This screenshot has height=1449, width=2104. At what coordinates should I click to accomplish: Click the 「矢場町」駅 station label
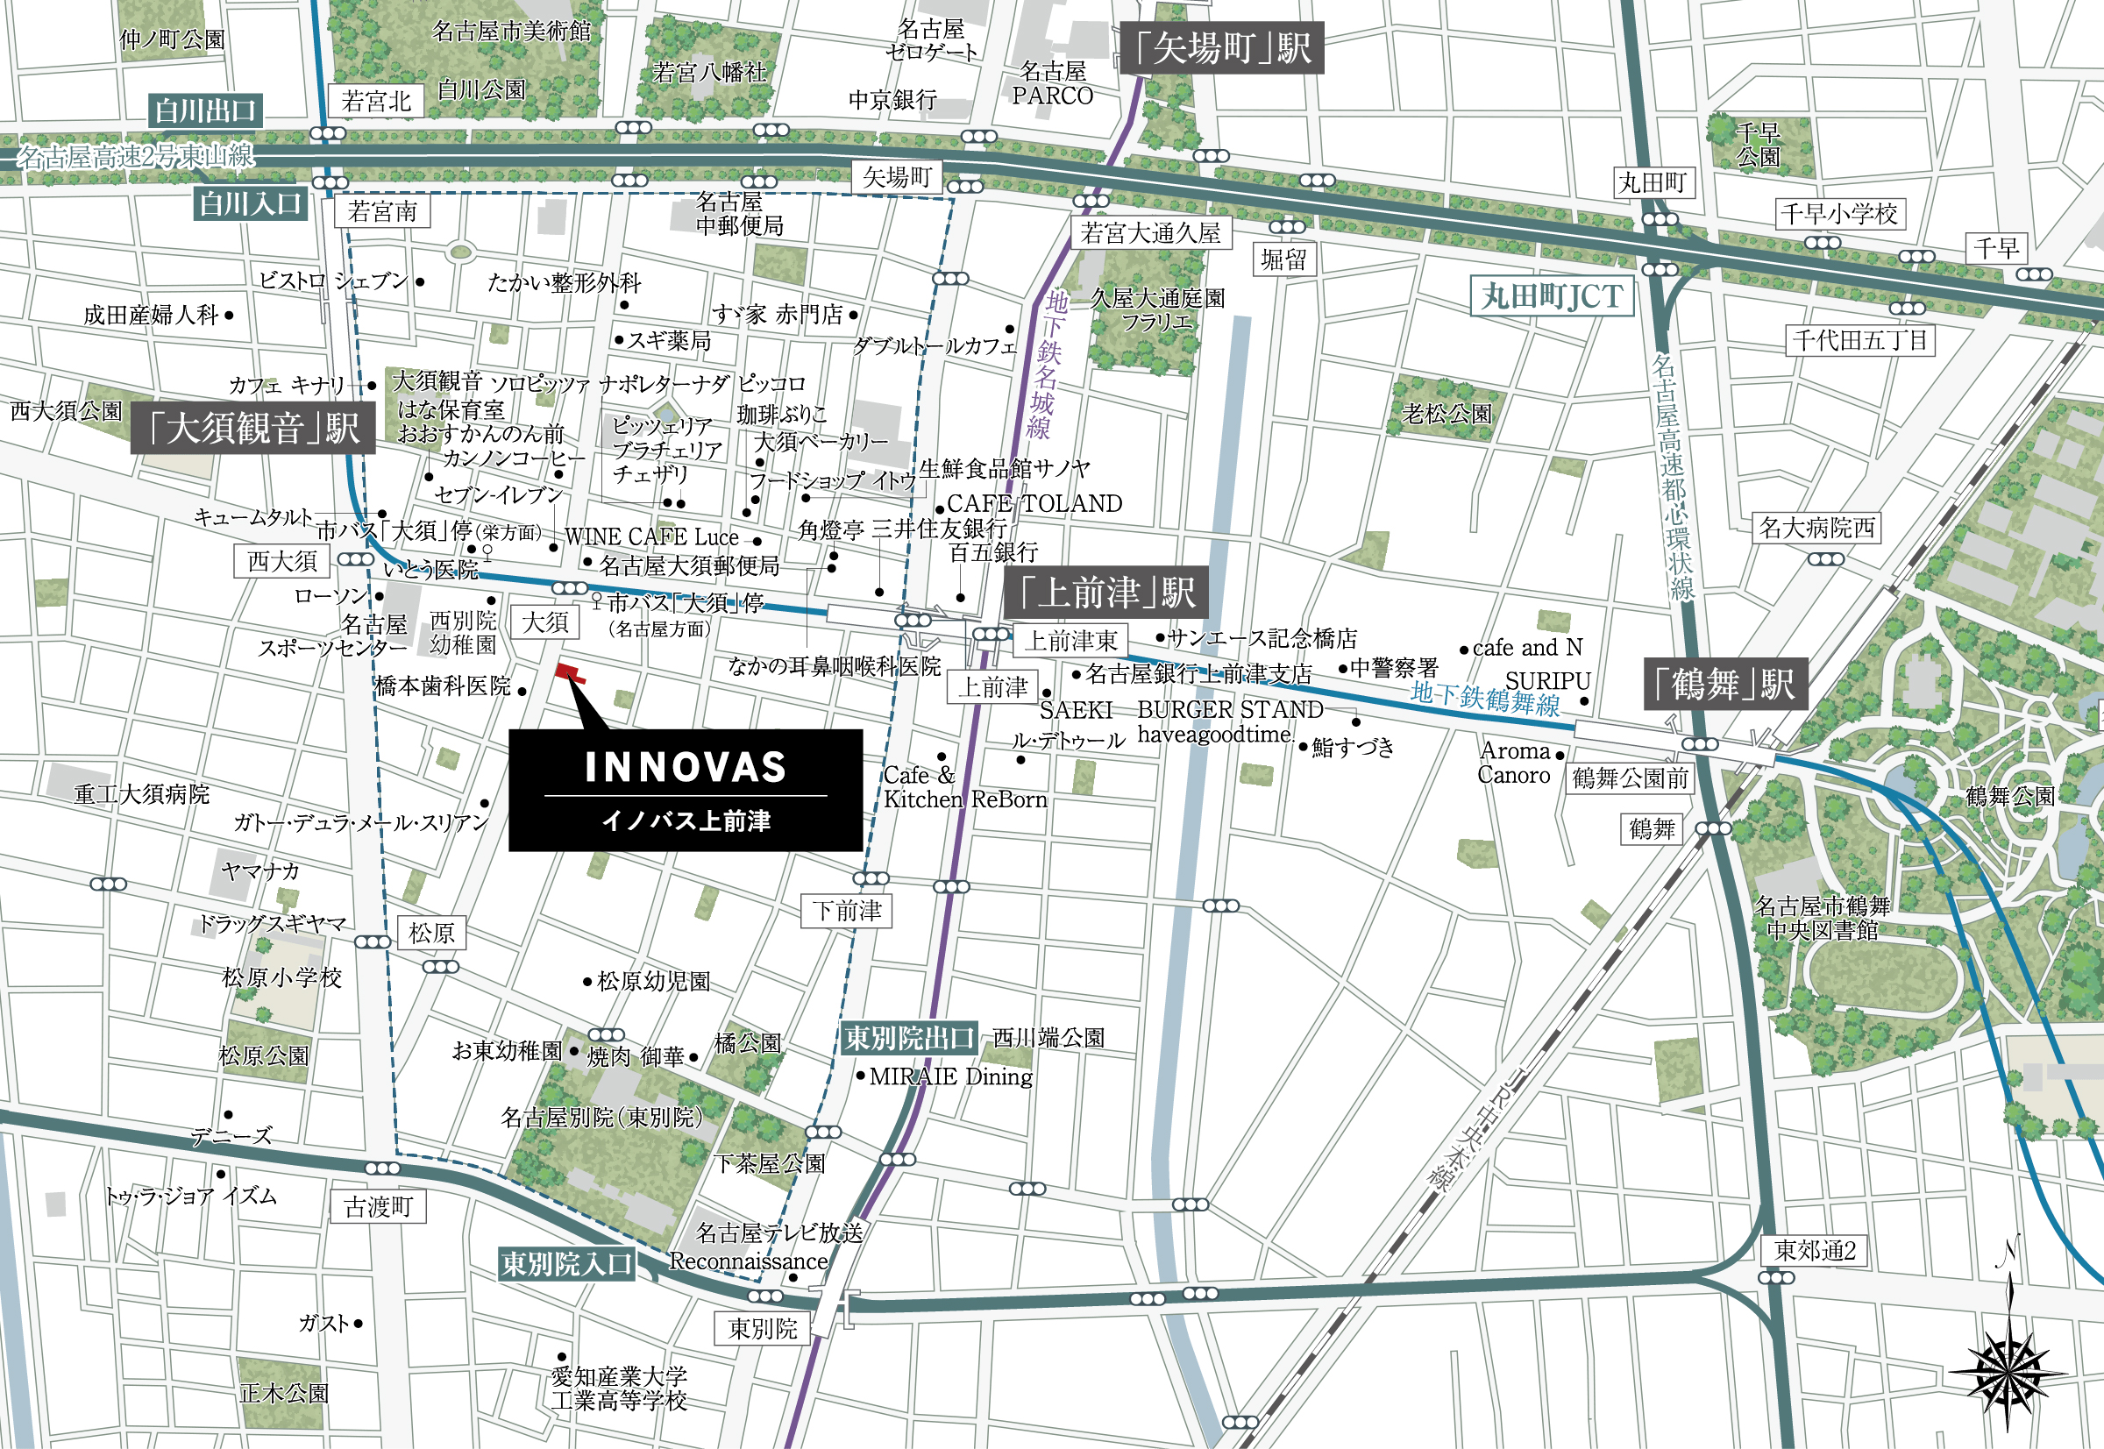(x=1223, y=48)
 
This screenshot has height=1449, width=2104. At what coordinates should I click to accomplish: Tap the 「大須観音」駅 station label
(x=253, y=428)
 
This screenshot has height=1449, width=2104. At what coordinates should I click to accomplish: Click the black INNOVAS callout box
(x=686, y=790)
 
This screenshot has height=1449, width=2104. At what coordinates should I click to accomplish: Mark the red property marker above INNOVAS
(x=570, y=672)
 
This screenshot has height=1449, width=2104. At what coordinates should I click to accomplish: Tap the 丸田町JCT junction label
(x=1551, y=297)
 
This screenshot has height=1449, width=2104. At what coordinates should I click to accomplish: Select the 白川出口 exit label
(x=206, y=110)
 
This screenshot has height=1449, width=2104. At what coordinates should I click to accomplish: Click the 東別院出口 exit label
(x=909, y=1038)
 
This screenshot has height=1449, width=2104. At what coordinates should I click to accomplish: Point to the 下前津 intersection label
(x=846, y=911)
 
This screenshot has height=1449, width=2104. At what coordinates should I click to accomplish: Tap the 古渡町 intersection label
(x=378, y=1206)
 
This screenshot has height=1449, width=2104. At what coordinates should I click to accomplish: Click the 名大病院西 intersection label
(x=1816, y=528)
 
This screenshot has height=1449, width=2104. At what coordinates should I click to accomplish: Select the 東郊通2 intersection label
(x=1815, y=1250)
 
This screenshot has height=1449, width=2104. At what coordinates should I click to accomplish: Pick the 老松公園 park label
(x=1447, y=414)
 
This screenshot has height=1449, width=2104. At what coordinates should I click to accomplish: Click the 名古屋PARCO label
(x=1053, y=83)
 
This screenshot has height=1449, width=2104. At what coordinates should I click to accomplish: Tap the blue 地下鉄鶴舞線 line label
(x=1485, y=700)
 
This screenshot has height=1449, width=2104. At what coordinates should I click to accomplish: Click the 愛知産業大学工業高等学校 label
(x=619, y=1389)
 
